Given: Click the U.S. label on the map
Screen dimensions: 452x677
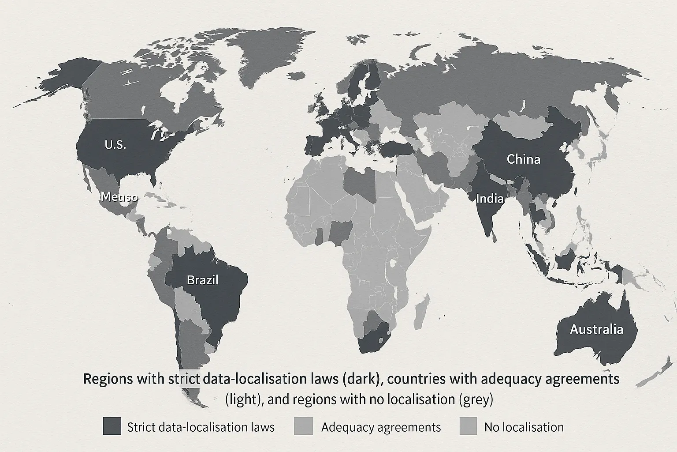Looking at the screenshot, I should pos(115,144).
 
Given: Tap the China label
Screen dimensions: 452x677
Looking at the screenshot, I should pos(523,159).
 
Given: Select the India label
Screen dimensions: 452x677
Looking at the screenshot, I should pos(490,199).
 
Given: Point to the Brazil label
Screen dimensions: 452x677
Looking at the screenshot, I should pos(202,280).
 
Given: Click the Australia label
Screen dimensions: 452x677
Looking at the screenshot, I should pos(596,329).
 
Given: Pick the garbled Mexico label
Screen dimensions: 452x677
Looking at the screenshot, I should pos(119,197).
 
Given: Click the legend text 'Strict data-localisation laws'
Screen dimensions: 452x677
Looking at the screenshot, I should pos(201,427).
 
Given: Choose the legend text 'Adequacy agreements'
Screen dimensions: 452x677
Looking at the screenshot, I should pos(381,427).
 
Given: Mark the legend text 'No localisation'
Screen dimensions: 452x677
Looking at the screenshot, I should pos(524,427).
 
